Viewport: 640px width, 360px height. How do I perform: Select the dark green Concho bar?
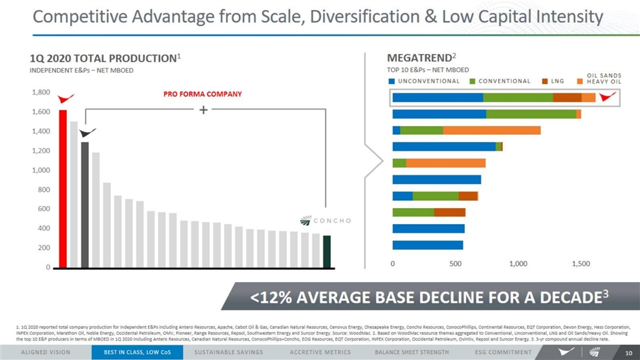(327, 251)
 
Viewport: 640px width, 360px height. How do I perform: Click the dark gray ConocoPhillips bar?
(85, 204)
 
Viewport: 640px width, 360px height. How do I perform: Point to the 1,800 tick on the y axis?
(41, 93)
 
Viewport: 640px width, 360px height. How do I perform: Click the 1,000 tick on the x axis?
(518, 264)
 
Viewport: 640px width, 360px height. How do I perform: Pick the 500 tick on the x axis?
(455, 264)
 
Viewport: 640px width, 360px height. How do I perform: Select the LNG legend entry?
(557, 81)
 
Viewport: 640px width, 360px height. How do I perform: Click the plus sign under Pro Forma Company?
(203, 110)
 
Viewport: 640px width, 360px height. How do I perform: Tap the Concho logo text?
(333, 221)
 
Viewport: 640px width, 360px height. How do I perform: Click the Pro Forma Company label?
(203, 94)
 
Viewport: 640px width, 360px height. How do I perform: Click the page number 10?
(628, 351)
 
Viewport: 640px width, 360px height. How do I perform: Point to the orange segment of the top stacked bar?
(588, 97)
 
